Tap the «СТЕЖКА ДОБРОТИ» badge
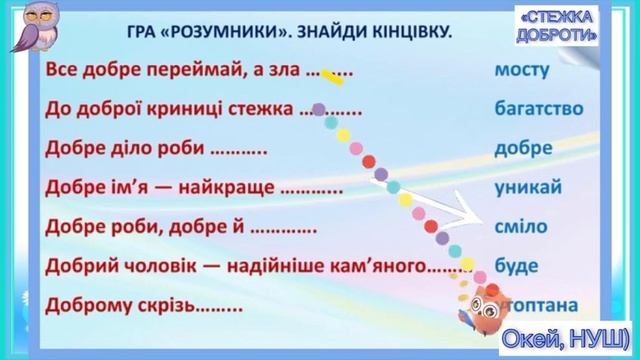[561, 28]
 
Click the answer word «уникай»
[529, 188]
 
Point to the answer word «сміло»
[520, 227]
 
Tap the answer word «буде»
[516, 266]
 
